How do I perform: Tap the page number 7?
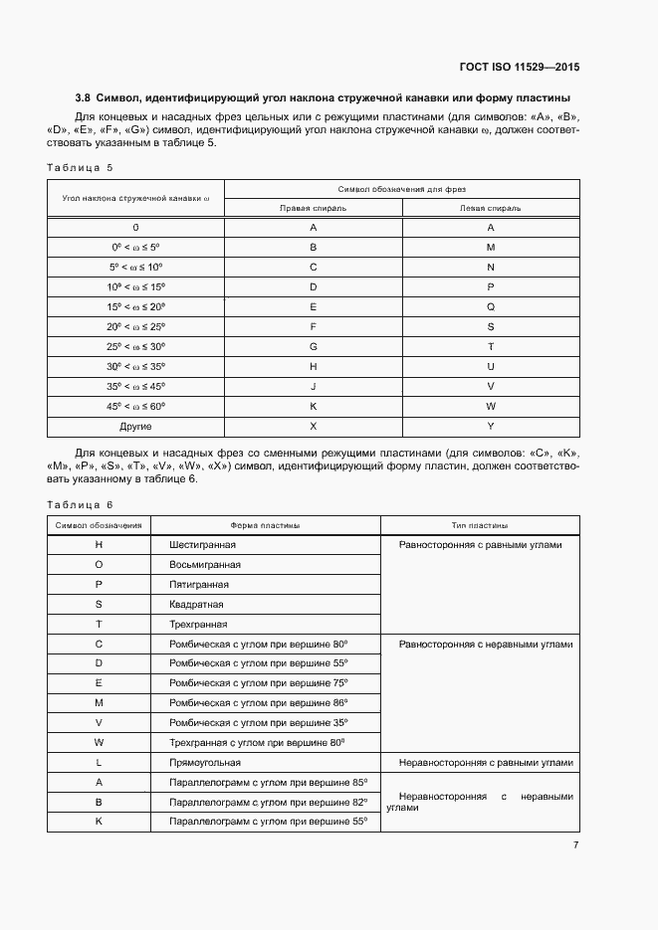pyautogui.click(x=575, y=845)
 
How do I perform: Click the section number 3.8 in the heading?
pyautogui.click(x=83, y=97)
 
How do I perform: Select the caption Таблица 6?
pyautogui.click(x=81, y=504)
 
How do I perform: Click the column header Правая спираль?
pyautogui.click(x=313, y=208)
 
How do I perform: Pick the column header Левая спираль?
pyautogui.click(x=490, y=208)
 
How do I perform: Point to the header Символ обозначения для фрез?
pyautogui.click(x=401, y=188)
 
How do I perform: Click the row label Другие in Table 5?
pyautogui.click(x=135, y=426)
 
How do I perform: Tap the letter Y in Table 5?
pyautogui.click(x=491, y=426)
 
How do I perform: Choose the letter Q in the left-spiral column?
pyautogui.click(x=491, y=306)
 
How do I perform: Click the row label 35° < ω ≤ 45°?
pyautogui.click(x=135, y=386)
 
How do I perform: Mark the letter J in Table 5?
pyautogui.click(x=314, y=386)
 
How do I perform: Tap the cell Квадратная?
pyautogui.click(x=196, y=604)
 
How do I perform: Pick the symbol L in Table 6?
pyautogui.click(x=99, y=763)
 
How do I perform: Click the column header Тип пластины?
pyautogui.click(x=480, y=525)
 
